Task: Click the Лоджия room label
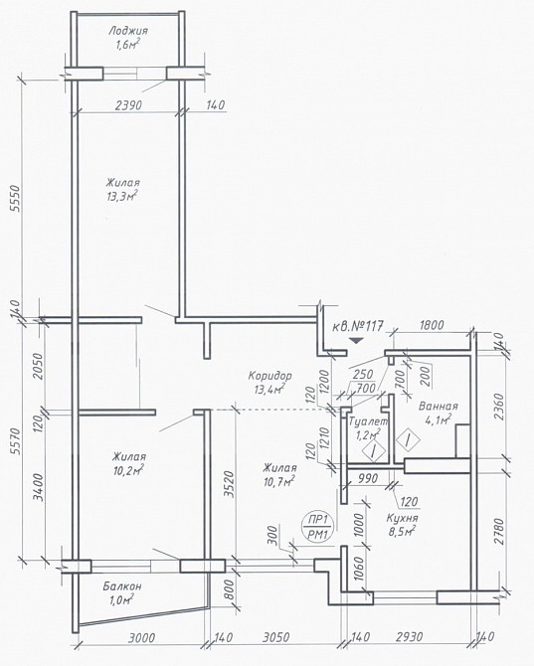click(128, 31)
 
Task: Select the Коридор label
click(270, 376)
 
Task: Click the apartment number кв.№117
click(357, 326)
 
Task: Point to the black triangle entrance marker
click(356, 340)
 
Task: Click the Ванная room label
click(438, 406)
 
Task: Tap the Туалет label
click(368, 421)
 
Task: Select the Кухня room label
click(403, 519)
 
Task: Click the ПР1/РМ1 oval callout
click(318, 527)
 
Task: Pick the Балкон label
click(122, 586)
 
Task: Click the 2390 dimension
click(128, 105)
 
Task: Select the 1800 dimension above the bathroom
click(432, 325)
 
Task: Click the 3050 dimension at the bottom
click(276, 637)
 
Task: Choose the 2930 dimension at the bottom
click(409, 637)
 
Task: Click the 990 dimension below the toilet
click(368, 478)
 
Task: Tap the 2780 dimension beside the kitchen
click(499, 532)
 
